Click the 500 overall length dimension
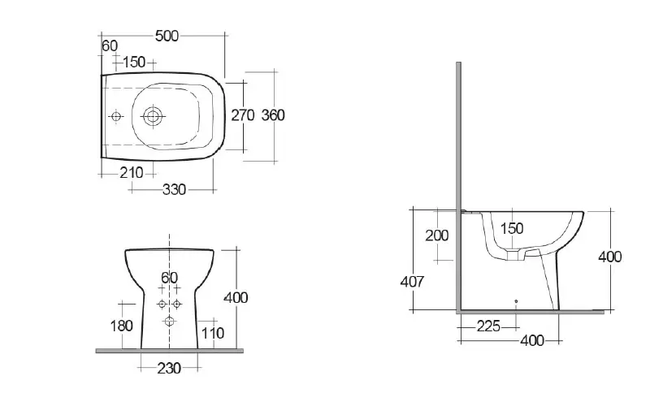[167, 36]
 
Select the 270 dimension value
[243, 115]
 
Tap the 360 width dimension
[273, 115]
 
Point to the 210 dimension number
[131, 172]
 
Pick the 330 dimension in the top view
[174, 190]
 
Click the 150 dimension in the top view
[133, 63]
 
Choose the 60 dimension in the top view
[110, 45]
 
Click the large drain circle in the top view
[152, 116]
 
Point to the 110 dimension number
[212, 332]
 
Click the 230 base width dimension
[169, 368]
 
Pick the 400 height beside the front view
[236, 298]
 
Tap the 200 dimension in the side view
[437, 235]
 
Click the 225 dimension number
[487, 326]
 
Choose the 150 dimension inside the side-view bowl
[512, 229]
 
